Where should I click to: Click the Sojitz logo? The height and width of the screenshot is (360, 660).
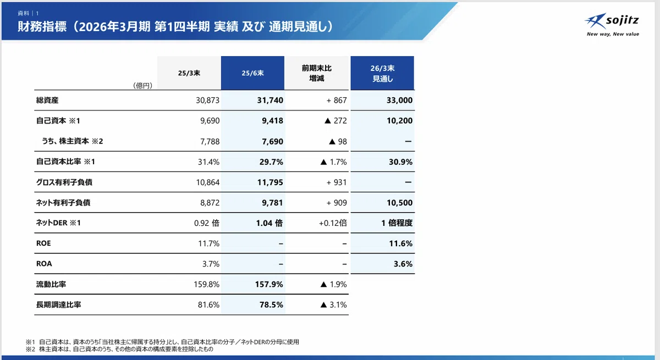coord(612,25)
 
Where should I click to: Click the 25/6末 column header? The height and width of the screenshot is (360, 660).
coord(252,73)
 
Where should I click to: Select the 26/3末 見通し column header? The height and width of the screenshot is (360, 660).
coord(382,73)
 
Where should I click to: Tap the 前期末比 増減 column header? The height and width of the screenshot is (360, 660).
coord(316,73)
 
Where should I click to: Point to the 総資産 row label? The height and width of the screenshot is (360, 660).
coord(47,101)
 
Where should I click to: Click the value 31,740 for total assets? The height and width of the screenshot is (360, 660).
coord(270,101)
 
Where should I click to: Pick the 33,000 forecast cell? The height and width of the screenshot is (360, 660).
coord(399,101)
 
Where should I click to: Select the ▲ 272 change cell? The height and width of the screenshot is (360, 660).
coord(335,121)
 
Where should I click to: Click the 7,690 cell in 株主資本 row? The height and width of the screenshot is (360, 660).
coord(272,142)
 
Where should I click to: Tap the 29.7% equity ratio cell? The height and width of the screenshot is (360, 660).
coord(271,162)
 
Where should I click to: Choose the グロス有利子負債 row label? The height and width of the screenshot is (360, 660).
coord(64,182)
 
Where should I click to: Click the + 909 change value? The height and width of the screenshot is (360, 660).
coord(337,203)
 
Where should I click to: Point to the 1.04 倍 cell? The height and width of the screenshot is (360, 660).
coord(269,223)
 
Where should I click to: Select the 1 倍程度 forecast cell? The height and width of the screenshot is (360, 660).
coord(397,223)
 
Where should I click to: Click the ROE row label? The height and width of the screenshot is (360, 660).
coord(43,243)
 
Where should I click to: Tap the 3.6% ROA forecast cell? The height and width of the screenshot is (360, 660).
coord(403,264)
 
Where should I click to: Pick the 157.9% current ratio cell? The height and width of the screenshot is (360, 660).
coord(269,284)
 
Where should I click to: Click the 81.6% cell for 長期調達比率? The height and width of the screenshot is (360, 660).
coord(208,304)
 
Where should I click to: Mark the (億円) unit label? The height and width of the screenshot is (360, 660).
coord(142,86)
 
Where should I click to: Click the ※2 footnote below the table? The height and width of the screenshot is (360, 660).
coord(119,350)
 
